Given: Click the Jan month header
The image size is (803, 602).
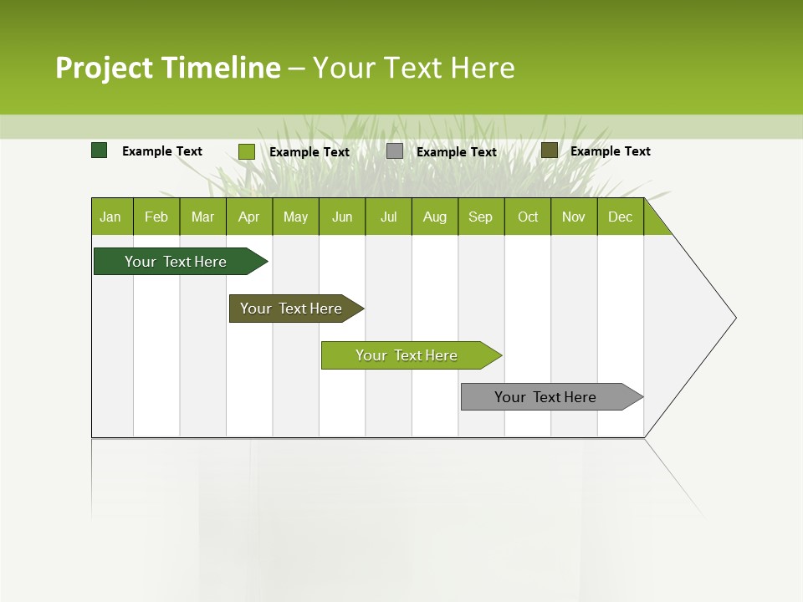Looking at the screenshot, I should [x=111, y=217].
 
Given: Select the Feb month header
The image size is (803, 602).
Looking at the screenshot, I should [x=156, y=217].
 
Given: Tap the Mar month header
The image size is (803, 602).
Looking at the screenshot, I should [x=202, y=217].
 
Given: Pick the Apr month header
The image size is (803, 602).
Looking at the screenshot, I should [x=249, y=217].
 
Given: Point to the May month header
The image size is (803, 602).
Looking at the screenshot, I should [x=295, y=217].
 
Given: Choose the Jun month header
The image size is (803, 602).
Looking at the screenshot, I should [x=342, y=217].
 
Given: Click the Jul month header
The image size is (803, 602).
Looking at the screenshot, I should [x=388, y=217].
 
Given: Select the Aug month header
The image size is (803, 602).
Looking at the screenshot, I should [x=435, y=217].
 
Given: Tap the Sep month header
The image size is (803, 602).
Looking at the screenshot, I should [x=481, y=217].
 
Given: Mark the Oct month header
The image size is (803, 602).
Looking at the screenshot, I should [x=528, y=217].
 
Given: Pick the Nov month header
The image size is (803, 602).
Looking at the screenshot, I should [x=574, y=217].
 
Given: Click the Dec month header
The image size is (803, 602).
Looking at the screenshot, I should [x=620, y=217].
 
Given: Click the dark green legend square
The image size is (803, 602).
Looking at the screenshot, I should [x=100, y=150].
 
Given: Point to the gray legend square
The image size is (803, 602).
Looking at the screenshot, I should [x=395, y=151].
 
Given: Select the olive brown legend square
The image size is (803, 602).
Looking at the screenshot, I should [x=549, y=150].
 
